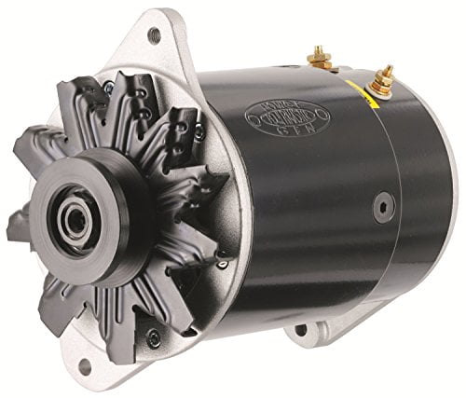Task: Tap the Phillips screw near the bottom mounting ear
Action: pyautogui.click(x=153, y=337)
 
